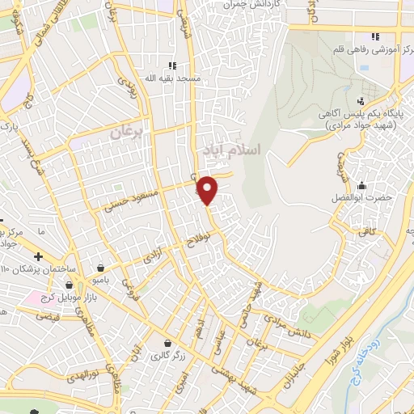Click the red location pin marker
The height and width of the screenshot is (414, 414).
tap(208, 190)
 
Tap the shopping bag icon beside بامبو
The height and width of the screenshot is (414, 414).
tap(100, 267)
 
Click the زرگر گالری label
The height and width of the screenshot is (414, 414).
tap(167, 353)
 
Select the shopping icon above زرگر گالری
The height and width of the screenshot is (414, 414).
tap(167, 342)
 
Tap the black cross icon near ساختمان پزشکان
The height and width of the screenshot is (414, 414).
tap(38, 256)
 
